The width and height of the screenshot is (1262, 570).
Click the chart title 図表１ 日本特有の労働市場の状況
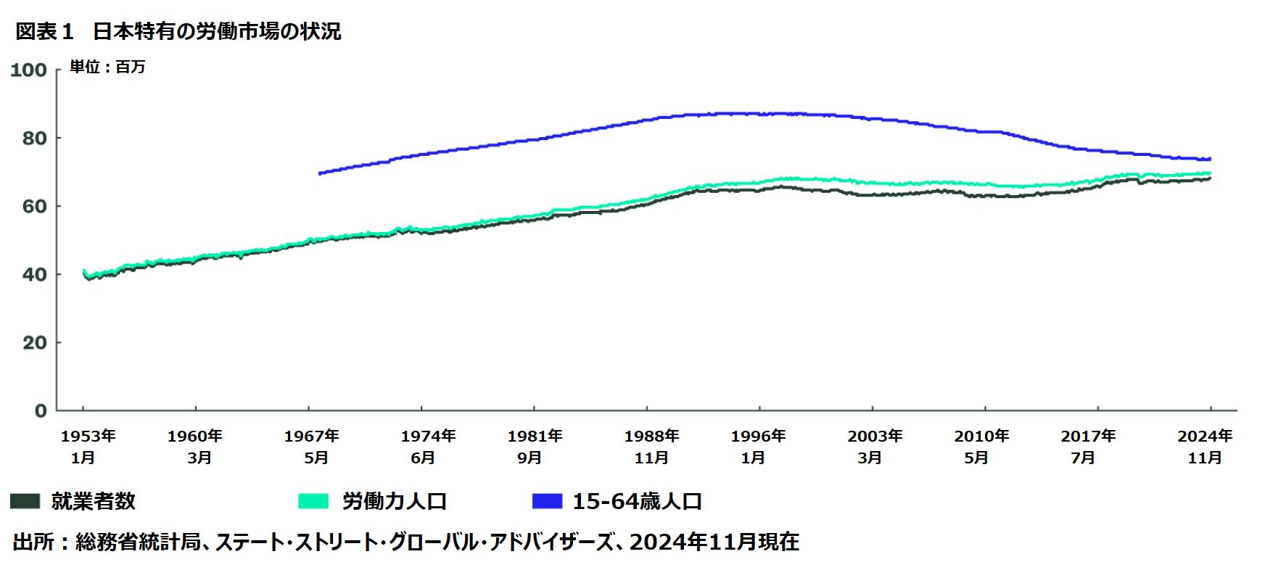tap(178, 32)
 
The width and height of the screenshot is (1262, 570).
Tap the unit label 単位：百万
tap(107, 67)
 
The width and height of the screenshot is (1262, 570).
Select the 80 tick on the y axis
tap(33, 138)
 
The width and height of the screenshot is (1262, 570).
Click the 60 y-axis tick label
tap(33, 206)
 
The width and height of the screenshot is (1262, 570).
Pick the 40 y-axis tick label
tap(33, 274)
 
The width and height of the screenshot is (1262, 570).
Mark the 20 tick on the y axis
tap(33, 342)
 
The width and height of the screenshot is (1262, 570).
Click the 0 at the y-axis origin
tap(41, 410)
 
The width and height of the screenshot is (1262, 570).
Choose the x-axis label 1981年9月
tap(535, 447)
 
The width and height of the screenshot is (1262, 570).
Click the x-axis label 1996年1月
tap(758, 447)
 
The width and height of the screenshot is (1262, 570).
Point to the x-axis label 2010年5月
tap(981, 447)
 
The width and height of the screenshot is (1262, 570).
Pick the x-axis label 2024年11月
tap(1205, 447)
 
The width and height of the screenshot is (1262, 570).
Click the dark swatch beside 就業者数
tap(25, 501)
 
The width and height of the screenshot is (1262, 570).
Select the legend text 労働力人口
tap(394, 501)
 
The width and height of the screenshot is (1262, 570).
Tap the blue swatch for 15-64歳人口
tap(547, 501)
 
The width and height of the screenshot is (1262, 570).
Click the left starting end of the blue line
tap(320, 173)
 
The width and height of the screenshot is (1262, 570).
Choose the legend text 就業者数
tap(93, 501)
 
